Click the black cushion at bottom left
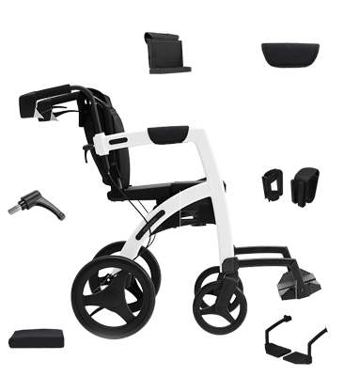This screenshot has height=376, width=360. point(36,338)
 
